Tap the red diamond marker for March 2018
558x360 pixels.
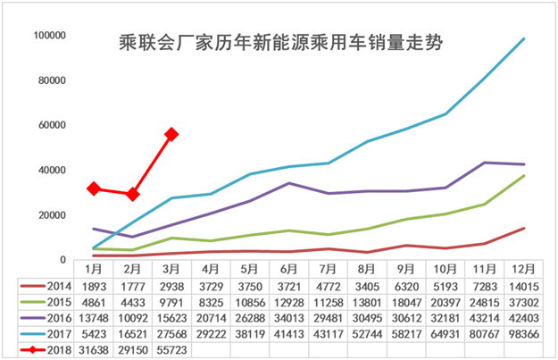(x=171, y=134)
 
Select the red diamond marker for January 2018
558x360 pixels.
(x=93, y=188)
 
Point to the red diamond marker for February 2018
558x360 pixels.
(x=132, y=194)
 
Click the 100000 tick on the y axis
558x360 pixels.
(x=48, y=36)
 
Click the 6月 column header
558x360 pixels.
(x=288, y=268)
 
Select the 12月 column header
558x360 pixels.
(x=523, y=268)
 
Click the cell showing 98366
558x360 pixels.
(x=523, y=334)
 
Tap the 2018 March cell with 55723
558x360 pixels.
(x=171, y=350)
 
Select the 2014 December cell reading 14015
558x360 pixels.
(x=523, y=286)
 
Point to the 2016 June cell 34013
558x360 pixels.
(x=288, y=318)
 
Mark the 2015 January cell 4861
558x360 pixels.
(x=93, y=302)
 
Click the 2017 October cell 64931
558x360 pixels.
(x=445, y=334)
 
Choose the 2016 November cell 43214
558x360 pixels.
(x=484, y=318)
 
